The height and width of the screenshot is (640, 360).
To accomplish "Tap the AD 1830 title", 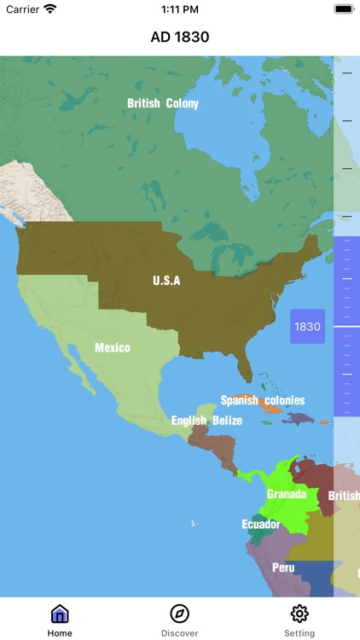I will point(180,37).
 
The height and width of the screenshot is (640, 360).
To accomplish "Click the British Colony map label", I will point(163,103).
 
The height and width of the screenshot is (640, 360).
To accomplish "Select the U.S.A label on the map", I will point(166,280).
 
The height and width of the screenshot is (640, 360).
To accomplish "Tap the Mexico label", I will point(113,348).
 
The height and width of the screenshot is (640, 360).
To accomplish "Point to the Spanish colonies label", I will point(262,400).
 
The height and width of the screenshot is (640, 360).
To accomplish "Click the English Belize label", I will point(206,421).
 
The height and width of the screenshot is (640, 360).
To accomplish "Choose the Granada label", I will point(286,494).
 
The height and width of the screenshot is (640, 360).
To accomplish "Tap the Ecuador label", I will point(261,524).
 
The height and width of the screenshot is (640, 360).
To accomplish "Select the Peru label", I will point(283,567).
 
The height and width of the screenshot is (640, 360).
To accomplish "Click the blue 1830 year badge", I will point(307,327).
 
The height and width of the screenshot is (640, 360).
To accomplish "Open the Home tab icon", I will point(60,614).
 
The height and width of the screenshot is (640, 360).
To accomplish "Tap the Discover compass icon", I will point(180,614).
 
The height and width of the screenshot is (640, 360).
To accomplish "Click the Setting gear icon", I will point(299,614).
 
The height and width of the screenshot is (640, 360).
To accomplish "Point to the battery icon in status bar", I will point(344,9).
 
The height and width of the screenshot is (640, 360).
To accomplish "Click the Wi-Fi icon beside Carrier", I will point(50,9).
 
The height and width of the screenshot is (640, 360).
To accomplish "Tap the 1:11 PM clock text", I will point(180,9).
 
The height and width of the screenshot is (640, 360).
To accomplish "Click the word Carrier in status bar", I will point(22,9).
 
